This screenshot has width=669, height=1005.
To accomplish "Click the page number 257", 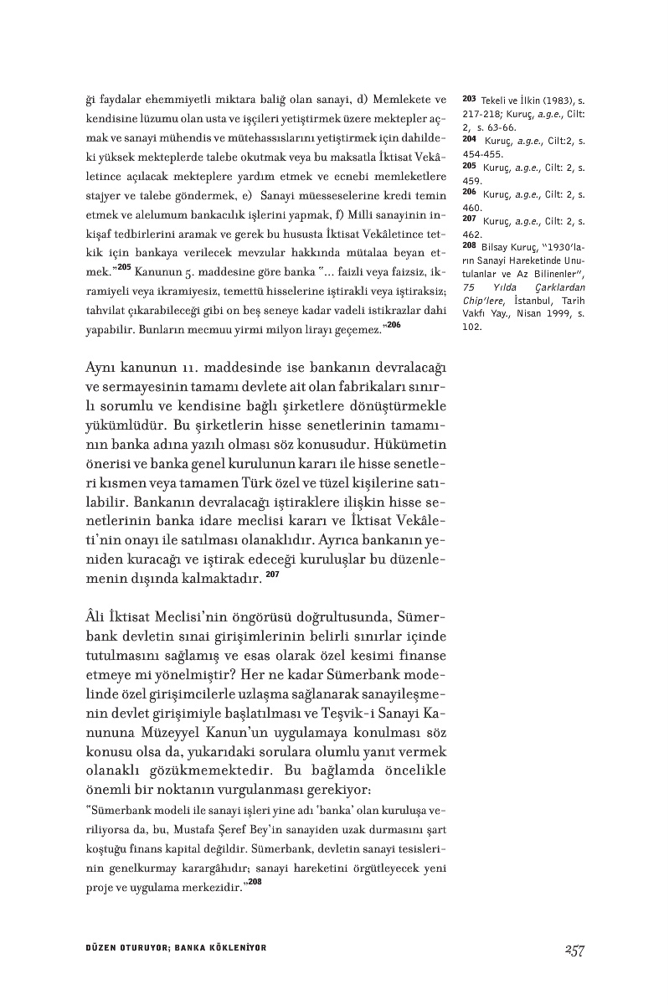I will [574, 949].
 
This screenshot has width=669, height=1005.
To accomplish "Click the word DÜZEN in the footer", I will [101, 949].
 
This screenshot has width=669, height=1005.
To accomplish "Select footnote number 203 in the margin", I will [469, 98].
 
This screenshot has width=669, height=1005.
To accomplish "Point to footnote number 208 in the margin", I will [469, 247].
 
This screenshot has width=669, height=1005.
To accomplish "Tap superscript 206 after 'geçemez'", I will [393, 324].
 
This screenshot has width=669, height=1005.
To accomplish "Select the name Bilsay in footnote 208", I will [497, 249].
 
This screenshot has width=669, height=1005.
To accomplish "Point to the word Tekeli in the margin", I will [495, 100].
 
